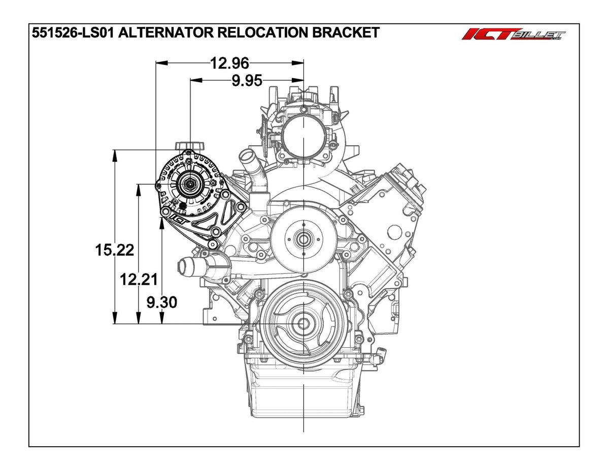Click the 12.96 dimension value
[230, 63]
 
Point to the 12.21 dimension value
[138, 279]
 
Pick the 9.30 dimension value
[161, 302]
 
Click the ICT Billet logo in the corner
[513, 35]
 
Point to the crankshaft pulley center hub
[303, 323]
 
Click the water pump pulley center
[303, 238]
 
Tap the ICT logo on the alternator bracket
[179, 218]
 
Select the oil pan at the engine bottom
[303, 391]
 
